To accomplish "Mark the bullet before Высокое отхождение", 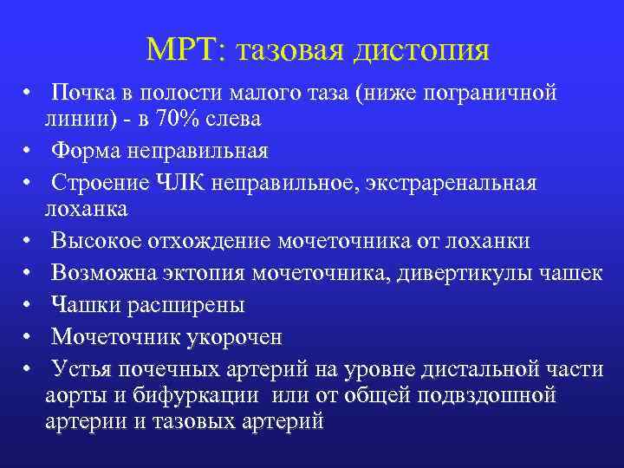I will click(29, 241).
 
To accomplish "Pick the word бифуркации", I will click(205, 395).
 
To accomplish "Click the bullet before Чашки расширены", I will click(29, 305).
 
